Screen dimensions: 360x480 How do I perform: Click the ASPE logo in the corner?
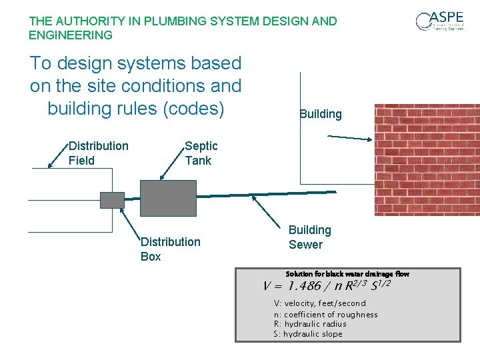pos(439,21)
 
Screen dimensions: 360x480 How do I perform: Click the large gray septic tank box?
pos(168,198)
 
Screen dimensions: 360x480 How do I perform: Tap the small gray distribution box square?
pos(112,199)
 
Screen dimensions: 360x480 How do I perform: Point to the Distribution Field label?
pos(98,153)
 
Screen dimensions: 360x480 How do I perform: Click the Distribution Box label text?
pos(170,249)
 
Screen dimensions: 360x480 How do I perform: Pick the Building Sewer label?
pos(309,237)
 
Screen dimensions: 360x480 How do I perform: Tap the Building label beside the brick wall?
pos(320,114)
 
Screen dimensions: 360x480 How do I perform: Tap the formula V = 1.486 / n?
pos(326,286)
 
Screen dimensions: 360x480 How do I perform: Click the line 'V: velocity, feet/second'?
pos(319,303)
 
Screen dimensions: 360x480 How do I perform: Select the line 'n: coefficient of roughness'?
pos(325,314)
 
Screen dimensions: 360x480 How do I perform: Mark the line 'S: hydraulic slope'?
pos(307,334)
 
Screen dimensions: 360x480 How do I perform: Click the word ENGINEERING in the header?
pos(71,35)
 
